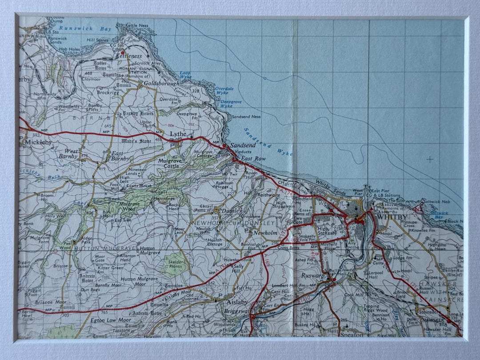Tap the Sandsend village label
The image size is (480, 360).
coord(243,145)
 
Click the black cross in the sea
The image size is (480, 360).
coord(429,159)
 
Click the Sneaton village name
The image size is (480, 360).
coord(352,329)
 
